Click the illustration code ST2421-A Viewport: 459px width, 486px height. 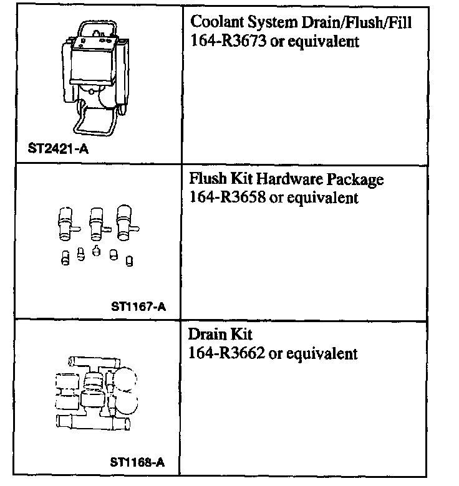(x=59, y=150)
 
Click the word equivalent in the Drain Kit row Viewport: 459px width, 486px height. (x=326, y=354)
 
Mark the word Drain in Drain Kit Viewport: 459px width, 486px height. (x=206, y=335)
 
